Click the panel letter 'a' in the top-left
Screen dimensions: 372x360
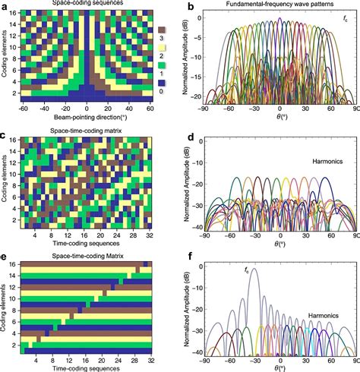5,6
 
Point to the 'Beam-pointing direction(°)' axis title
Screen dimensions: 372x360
86,118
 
